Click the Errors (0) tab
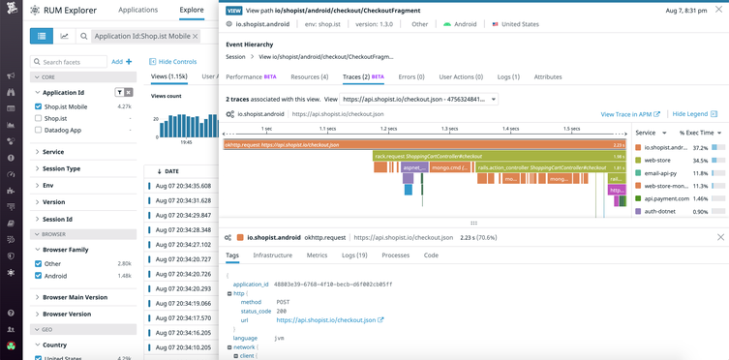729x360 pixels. coord(411,76)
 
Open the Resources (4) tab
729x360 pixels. coord(309,76)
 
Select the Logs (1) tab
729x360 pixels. coord(508,76)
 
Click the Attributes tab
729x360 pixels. coord(548,76)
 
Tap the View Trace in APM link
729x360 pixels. coord(630,114)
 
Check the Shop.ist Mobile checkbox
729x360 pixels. coord(39,106)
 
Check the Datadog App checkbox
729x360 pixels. coord(39,130)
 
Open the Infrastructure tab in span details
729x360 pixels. coord(272,255)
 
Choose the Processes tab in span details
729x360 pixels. coord(395,255)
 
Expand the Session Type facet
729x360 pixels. coord(61,168)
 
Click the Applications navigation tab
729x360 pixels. coord(137,10)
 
